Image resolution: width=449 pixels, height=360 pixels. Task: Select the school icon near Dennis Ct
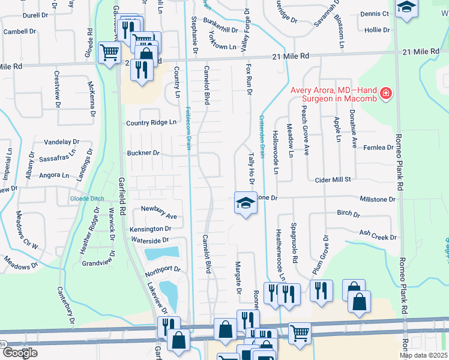(407, 9)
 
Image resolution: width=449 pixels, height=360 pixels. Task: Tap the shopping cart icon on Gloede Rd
(108, 53)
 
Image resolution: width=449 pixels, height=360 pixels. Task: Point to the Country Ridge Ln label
(151, 122)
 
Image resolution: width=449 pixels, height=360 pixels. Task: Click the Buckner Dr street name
(143, 153)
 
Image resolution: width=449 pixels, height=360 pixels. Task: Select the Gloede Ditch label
(88, 198)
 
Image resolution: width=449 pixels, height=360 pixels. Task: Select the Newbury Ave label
(158, 208)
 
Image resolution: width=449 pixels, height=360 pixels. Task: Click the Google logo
(19, 353)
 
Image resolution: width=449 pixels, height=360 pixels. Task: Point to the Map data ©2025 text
(423, 356)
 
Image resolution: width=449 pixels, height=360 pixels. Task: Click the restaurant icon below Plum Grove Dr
(321, 290)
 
